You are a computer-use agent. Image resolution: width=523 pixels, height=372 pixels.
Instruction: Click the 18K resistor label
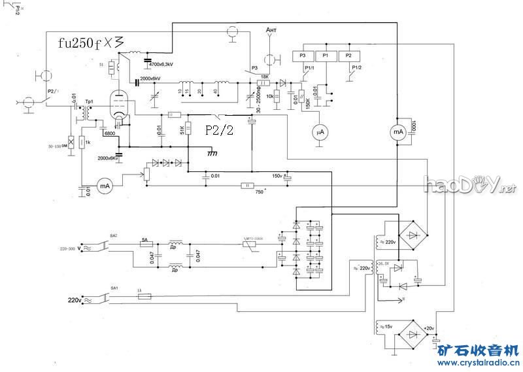264,76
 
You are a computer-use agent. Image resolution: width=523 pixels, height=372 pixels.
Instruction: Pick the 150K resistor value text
308,104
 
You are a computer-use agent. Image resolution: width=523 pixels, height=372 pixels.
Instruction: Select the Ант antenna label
272,31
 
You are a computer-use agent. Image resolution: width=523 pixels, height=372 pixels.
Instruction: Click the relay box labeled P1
326,56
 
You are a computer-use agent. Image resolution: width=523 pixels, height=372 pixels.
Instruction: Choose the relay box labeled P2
348,56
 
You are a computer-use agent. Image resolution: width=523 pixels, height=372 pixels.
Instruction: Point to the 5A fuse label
146,240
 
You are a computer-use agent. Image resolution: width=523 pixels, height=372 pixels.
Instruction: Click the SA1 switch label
114,288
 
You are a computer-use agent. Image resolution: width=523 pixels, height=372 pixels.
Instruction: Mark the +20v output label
429,328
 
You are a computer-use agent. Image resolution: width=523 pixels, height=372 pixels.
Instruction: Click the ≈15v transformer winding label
386,326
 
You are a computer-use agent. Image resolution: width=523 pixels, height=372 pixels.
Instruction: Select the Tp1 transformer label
88,102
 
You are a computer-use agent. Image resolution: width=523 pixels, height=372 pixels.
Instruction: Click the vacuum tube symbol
118,107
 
